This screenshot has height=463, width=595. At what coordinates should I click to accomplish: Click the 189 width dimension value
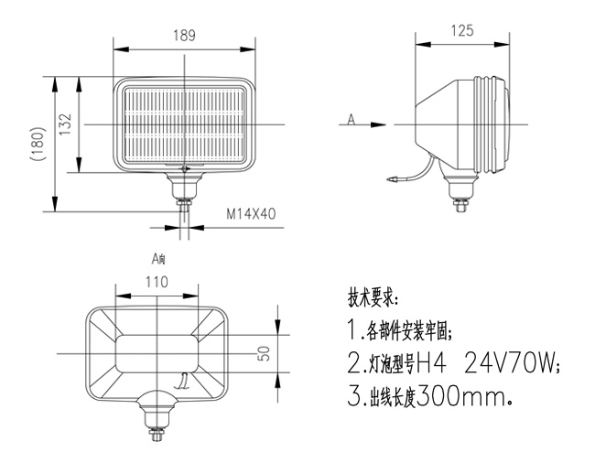(184, 37)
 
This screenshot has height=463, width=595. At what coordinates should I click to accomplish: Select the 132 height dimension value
(65, 125)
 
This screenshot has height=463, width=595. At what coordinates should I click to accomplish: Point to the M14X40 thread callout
(250, 216)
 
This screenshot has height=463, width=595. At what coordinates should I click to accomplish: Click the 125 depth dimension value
(462, 31)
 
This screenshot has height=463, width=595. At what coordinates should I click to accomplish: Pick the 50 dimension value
(265, 353)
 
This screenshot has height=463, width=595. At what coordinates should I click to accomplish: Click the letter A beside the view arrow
(351, 118)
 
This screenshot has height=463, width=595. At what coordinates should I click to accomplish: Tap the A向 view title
(158, 259)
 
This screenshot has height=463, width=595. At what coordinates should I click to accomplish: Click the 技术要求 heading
(373, 299)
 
